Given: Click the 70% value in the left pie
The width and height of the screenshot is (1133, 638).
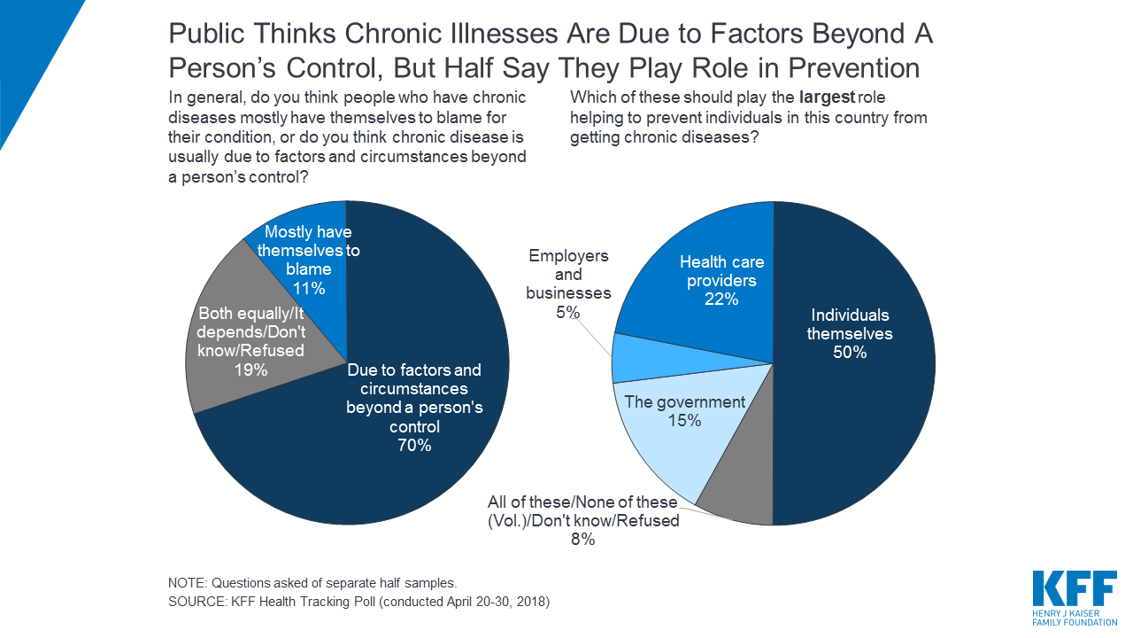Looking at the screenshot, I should point(414,446).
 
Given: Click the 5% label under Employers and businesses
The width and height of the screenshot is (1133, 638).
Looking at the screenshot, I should point(568,312).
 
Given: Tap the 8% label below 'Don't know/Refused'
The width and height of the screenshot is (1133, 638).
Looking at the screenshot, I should point(582,539).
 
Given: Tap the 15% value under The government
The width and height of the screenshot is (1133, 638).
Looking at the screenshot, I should point(684,421).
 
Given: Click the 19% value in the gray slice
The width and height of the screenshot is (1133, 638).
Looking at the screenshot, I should point(250,370).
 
